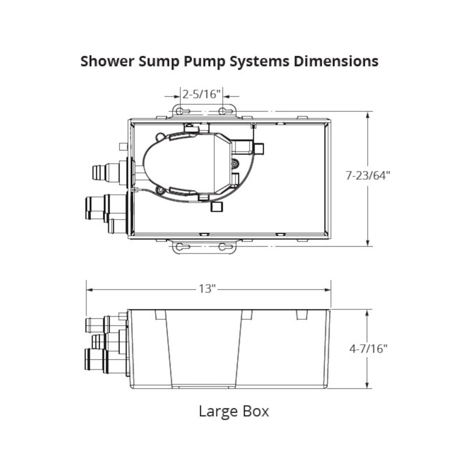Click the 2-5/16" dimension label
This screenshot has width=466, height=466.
pyautogui.click(x=201, y=94)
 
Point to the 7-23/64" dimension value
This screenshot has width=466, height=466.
pyautogui.click(x=367, y=176)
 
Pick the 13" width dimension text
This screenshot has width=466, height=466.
pyautogui.click(x=208, y=289)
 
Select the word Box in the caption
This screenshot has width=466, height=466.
pyautogui.click(x=255, y=411)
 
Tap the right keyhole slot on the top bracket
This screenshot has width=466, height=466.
pyautogui.click(x=227, y=111)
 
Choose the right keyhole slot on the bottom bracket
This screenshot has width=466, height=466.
pyautogui.click(x=227, y=247)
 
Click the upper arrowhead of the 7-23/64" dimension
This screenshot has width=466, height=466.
pyautogui.click(x=369, y=115)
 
